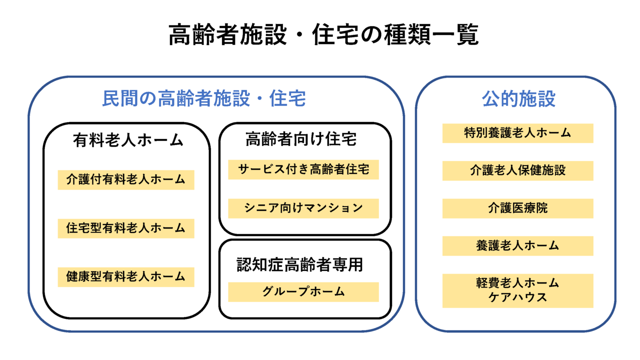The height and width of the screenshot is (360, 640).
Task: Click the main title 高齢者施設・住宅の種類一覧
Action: point(323,34)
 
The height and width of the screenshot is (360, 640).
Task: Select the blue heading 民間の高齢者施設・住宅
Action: point(204,98)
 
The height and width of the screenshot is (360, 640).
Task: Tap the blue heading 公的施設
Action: point(518,98)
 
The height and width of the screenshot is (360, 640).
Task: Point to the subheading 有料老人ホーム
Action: point(127,140)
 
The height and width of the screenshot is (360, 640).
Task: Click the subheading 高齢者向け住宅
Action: point(301,139)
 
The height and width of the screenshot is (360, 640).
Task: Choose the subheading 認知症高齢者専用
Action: point(299,264)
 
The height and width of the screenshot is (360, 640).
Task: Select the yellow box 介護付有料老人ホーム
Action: point(126,180)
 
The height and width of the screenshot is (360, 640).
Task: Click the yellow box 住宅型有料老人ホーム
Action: point(126,228)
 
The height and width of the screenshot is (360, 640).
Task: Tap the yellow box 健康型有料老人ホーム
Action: point(126,277)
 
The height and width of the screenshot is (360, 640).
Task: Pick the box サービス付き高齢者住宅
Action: point(303,169)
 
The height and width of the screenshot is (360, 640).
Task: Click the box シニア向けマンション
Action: point(303,208)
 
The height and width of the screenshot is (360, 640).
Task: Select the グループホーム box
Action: point(303,292)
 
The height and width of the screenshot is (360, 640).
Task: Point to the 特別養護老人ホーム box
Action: point(518,133)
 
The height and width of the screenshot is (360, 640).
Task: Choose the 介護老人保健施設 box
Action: point(518,171)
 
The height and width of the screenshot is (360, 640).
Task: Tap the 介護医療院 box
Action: point(518,208)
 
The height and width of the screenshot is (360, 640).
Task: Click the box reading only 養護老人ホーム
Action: point(518,246)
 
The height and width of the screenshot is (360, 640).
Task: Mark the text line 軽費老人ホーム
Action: point(517,283)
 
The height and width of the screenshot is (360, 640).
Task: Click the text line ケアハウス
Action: point(517,297)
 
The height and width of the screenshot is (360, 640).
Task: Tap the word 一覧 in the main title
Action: point(455,34)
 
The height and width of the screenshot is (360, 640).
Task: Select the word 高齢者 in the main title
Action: point(203,34)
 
